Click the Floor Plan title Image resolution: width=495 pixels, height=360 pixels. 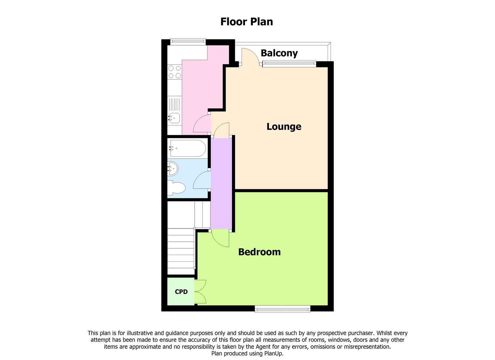tap(247, 22)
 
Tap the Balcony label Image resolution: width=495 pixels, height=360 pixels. tap(279, 53)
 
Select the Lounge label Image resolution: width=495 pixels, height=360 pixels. tap(284, 127)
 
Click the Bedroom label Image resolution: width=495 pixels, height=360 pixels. tap(259, 252)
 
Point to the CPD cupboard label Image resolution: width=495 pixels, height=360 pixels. tap(181, 292)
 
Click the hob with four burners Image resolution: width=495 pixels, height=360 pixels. tap(175, 72)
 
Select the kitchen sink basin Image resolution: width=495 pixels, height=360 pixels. tap(174, 118)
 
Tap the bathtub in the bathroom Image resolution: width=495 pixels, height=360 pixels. tap(188, 148)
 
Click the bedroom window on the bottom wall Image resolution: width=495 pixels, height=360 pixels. tap(282, 309)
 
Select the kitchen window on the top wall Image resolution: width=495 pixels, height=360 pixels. tap(187, 41)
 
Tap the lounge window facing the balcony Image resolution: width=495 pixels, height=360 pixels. tap(289, 63)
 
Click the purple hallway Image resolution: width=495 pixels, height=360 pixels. tap(221, 183)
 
